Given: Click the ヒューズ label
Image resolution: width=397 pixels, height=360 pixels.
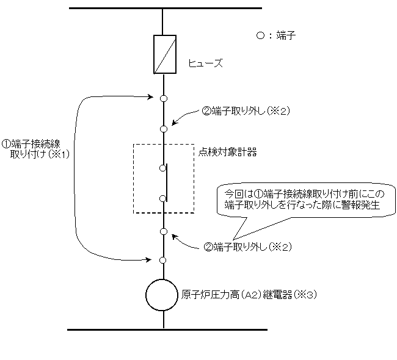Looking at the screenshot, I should coord(205,63).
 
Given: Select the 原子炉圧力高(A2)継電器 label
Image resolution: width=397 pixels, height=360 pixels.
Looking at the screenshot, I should coord(239,293).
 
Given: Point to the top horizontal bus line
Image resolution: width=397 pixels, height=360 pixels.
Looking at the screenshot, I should coord(165,8).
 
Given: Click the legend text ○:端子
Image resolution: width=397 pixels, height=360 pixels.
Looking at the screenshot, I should coord(275,36).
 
